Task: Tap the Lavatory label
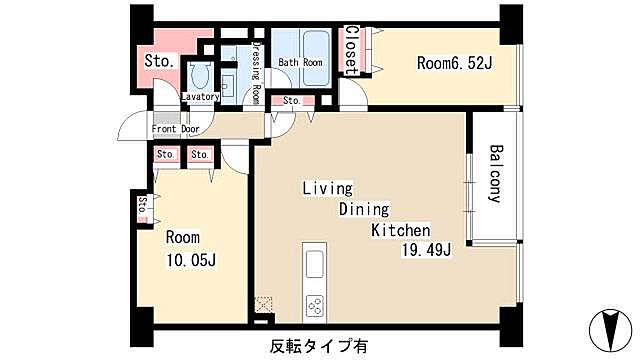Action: pyautogui.click(x=200, y=97)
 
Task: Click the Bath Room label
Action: pyautogui.click(x=299, y=62)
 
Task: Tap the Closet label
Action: pyautogui.click(x=352, y=50)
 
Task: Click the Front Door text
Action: pyautogui.click(x=176, y=129)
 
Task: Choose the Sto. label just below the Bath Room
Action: pyautogui.click(x=291, y=101)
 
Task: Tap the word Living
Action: pyautogui.click(x=328, y=189)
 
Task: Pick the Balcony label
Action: pyautogui.click(x=494, y=174)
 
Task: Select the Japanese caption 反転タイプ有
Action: pyautogui.click(x=318, y=346)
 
